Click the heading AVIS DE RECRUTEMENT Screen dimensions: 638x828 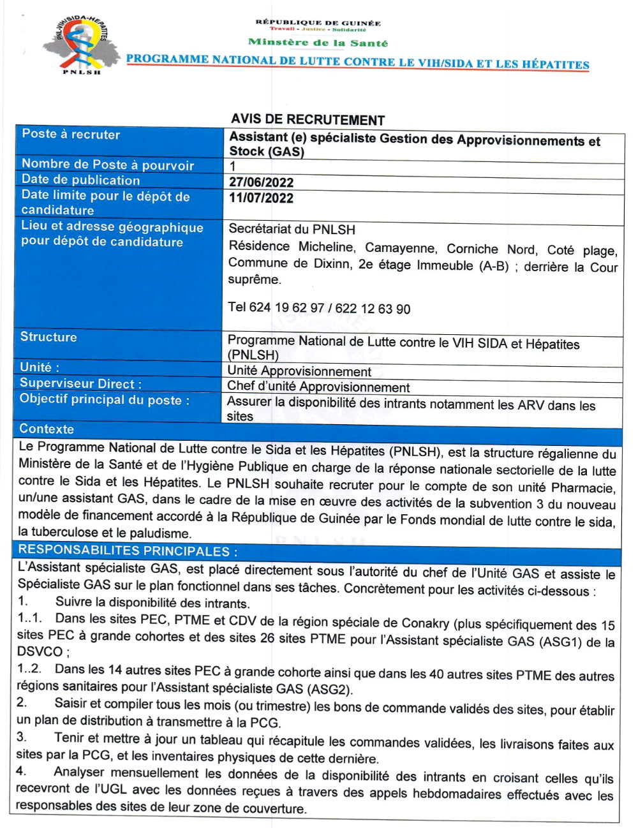tap(308, 120)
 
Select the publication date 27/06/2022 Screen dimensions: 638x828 tap(261, 182)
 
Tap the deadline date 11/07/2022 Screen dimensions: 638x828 tap(261, 198)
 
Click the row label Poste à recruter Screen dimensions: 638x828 tap(71, 134)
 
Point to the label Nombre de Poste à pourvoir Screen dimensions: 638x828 tap(107, 165)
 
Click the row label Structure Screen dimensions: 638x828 tap(48, 337)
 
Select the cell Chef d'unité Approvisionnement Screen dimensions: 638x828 tap(318, 387)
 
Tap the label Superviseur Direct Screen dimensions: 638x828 tap(80, 383)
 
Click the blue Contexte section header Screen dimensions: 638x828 tap(47, 429)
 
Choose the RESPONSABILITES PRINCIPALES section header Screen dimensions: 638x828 tap(128, 551)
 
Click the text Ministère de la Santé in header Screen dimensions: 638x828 tap(318, 43)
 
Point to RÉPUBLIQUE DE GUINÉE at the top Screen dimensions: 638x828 tap(318, 22)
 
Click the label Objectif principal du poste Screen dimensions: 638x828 tap(105, 400)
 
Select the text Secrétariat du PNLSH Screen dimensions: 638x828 tap(292, 230)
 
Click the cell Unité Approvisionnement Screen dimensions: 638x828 tap(299, 371)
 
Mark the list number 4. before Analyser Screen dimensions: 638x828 tap(21, 772)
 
